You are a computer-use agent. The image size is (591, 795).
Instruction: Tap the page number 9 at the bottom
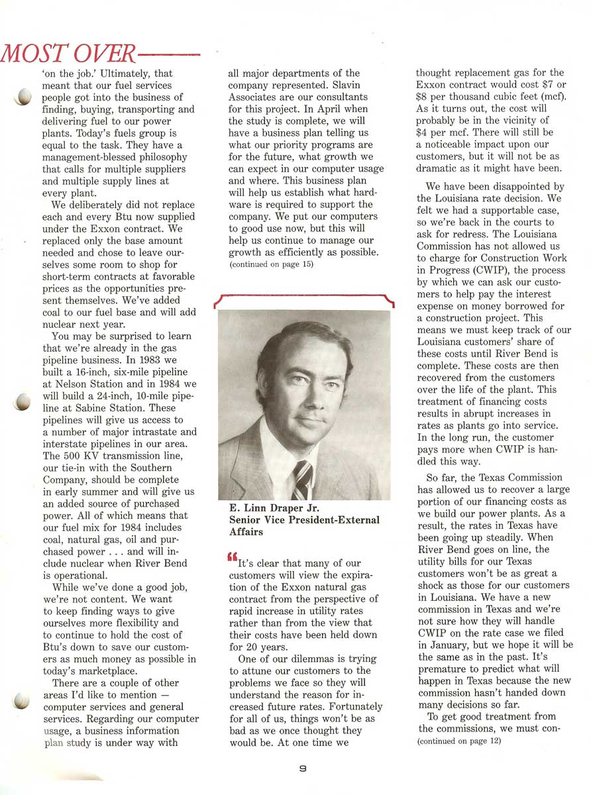(301, 768)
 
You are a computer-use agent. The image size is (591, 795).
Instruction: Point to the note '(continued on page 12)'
(458, 741)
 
